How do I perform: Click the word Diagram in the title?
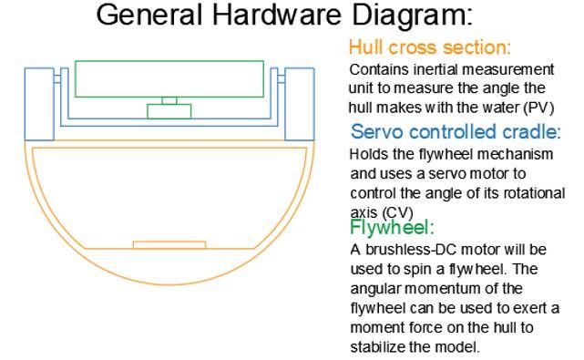(413, 15)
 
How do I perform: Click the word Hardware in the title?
(277, 15)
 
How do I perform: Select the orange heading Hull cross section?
(430, 47)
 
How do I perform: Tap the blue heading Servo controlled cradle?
(456, 131)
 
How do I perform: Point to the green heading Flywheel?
(392, 227)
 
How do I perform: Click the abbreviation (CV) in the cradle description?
(398, 212)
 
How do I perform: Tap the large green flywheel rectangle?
(169, 61)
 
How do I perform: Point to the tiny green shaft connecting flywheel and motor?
(169, 100)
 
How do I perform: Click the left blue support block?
(39, 104)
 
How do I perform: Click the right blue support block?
(300, 104)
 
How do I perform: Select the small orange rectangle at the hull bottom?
(169, 245)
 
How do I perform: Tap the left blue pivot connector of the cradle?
(57, 78)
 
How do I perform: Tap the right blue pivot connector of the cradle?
(282, 78)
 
